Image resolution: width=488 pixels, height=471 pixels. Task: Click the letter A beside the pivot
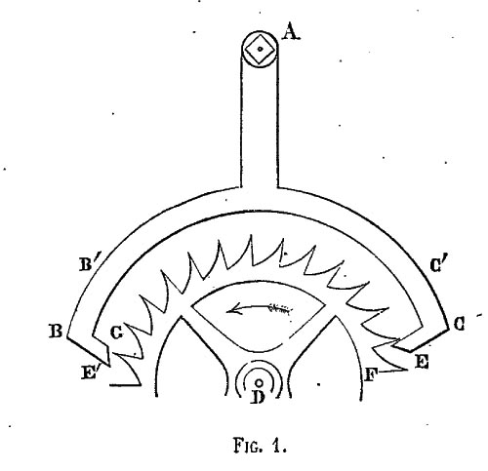pos(291,32)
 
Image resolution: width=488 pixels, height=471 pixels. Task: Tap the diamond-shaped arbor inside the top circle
pos(260,49)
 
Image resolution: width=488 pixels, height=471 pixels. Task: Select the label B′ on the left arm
pos(87,264)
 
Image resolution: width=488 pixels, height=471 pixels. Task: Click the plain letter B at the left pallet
pos(56,332)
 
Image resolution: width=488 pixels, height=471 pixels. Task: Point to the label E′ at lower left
pos(91,372)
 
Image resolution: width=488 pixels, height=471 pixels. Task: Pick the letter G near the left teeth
pos(117,333)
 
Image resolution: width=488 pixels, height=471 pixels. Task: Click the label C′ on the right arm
pos(439,265)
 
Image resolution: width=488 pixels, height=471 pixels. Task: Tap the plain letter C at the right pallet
pos(459,324)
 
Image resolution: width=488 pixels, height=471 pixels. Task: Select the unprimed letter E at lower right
pos(422,362)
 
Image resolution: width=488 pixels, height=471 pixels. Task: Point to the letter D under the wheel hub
pos(259,397)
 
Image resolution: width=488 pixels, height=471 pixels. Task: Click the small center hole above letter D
pos(259,382)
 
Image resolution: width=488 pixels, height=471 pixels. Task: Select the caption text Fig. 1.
pos(261,445)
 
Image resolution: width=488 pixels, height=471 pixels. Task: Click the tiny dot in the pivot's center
pos(260,49)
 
